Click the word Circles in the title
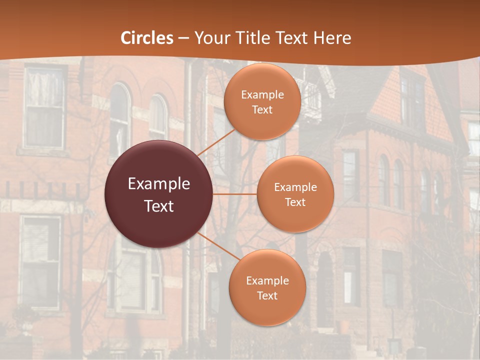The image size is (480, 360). (x=147, y=38)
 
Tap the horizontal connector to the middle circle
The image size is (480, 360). (x=235, y=194)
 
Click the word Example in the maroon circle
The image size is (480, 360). (x=159, y=184)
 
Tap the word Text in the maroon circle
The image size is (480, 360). (x=159, y=206)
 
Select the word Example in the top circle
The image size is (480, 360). (x=262, y=95)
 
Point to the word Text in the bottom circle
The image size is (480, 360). (x=267, y=295)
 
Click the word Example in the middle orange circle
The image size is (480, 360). (x=295, y=187)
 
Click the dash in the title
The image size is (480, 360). (x=183, y=38)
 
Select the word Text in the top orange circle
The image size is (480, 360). (x=262, y=110)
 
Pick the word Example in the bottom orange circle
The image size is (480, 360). (x=267, y=281)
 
